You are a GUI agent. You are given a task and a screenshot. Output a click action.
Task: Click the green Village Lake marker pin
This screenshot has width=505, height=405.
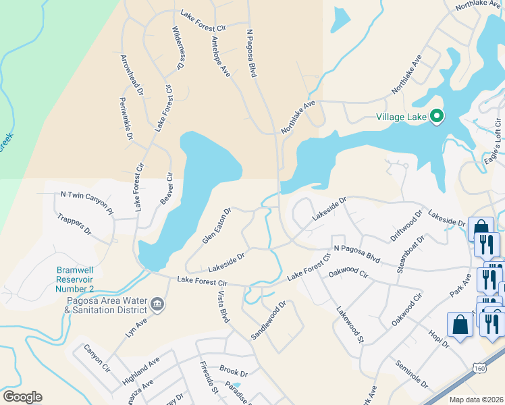(436, 117)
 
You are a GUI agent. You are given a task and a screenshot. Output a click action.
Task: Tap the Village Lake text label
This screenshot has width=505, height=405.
(401, 117)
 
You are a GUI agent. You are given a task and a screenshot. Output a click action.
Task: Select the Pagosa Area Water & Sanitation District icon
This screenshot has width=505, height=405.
(157, 305)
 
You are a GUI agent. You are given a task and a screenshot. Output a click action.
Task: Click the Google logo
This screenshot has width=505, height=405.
(22, 397)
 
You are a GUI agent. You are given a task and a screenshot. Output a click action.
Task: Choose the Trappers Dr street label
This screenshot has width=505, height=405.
(74, 225)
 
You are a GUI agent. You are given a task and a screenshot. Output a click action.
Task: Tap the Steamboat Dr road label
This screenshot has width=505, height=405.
(410, 254)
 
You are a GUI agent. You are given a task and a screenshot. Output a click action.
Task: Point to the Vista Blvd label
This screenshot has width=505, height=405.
(223, 307)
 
